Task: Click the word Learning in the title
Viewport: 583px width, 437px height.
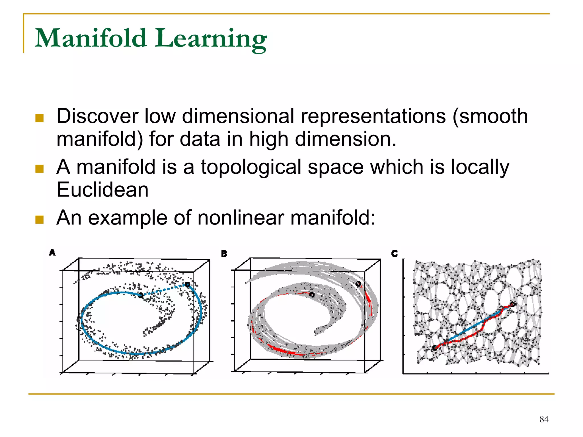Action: (x=211, y=39)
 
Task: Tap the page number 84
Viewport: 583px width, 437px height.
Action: (x=544, y=419)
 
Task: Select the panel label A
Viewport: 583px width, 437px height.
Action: (x=52, y=252)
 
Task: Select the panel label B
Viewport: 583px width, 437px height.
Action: (x=224, y=254)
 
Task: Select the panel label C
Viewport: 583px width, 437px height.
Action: (x=394, y=253)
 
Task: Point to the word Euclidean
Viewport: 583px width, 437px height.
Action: (x=102, y=190)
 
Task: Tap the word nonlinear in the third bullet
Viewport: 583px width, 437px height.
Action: (x=241, y=218)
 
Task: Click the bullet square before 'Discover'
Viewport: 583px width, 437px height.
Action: (x=39, y=118)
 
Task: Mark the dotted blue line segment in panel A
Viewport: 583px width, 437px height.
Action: (x=164, y=290)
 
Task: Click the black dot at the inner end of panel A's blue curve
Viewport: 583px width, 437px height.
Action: (x=141, y=295)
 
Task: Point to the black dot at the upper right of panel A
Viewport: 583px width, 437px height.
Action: (x=187, y=284)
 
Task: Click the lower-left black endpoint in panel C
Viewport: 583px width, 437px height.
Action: (x=434, y=348)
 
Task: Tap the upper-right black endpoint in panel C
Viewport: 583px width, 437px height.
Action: (x=512, y=304)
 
